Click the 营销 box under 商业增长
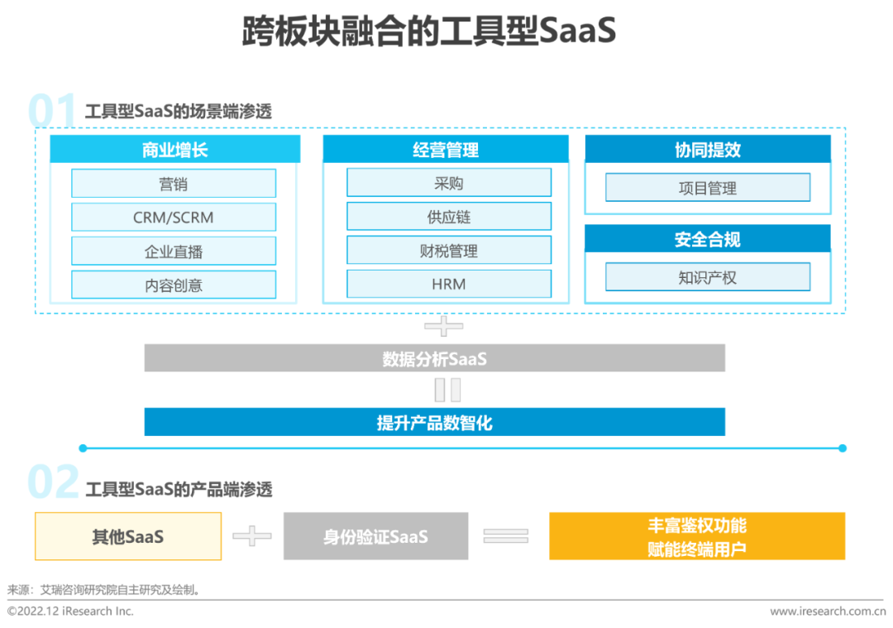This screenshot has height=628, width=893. [174, 183]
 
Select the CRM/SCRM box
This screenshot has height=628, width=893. [174, 217]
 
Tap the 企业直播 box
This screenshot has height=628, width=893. [174, 251]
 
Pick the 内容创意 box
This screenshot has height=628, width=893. [174, 285]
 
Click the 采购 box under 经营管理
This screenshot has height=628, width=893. [449, 182]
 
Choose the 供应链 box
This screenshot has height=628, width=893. [449, 216]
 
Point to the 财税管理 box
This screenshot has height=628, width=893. [449, 250]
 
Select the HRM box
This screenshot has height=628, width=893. [449, 283]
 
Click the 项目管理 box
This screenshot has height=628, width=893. [708, 188]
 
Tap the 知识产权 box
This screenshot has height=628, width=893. [708, 277]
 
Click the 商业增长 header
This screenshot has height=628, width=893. [174, 149]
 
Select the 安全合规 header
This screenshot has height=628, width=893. [708, 239]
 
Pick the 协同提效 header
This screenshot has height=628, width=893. [708, 149]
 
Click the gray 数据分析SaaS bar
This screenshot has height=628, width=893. [435, 358]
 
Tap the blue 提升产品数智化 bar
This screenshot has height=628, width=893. [435, 422]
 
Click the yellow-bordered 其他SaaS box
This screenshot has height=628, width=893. [128, 536]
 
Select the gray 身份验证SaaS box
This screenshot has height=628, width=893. [376, 536]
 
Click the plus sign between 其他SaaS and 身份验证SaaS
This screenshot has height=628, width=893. [252, 535]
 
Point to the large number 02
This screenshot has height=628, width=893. [54, 482]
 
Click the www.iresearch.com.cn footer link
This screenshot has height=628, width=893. [828, 611]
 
